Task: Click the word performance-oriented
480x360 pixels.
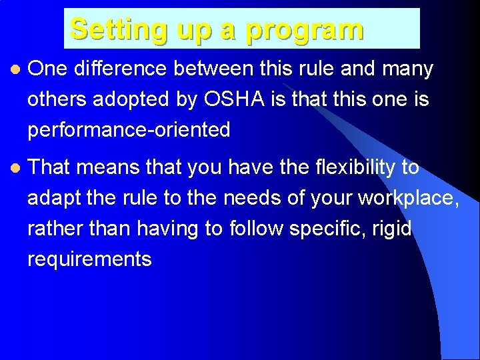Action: click(128, 130)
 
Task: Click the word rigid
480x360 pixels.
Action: click(395, 229)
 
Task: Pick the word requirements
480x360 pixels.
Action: click(89, 259)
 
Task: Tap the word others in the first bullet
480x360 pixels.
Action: click(55, 99)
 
